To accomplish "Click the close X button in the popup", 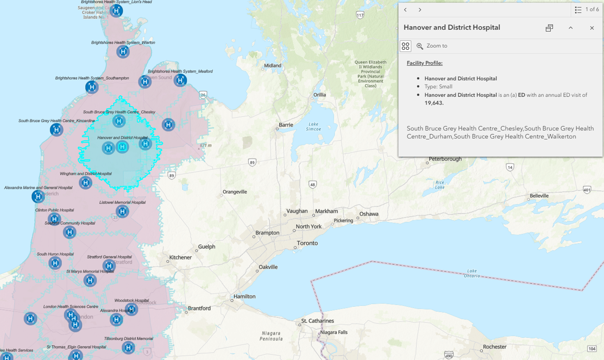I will click(592, 28).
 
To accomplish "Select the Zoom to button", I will click(432, 46).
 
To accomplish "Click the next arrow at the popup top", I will click(420, 10).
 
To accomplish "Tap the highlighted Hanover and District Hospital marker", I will click(123, 147).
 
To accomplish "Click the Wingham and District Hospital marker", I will click(85, 183).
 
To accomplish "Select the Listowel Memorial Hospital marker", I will click(122, 212).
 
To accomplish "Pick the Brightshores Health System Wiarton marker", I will click(123, 52).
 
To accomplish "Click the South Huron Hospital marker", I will click(55, 263).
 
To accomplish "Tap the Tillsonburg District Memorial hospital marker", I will click(128, 348).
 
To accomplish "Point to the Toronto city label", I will click(307, 243).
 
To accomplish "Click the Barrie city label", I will click(286, 125).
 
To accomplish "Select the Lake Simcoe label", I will click(313, 126).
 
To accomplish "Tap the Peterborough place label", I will click(445, 159).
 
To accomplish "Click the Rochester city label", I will click(495, 347).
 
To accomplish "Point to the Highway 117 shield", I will click(360, 15).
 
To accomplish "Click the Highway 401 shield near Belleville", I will click(587, 190).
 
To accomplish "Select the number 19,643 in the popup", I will click(434, 103).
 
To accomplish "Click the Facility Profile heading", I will click(425, 63).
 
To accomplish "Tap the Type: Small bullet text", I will click(438, 87).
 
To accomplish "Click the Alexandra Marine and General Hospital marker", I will click(38, 196).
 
